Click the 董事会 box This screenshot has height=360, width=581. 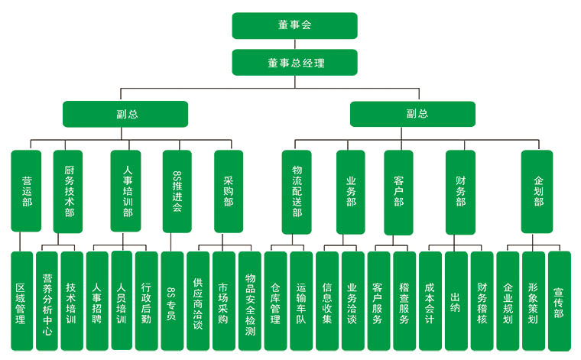point(294,25)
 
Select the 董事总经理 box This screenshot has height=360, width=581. point(294,62)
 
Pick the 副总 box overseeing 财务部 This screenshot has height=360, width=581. point(413,114)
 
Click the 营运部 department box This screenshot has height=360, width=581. point(26,191)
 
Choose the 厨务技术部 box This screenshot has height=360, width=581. point(68,191)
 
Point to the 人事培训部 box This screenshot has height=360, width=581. point(126,191)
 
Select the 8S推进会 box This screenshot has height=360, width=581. point(177,191)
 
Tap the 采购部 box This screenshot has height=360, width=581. point(229,191)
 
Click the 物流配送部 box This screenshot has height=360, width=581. point(297,191)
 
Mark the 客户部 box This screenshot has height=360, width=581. point(398,191)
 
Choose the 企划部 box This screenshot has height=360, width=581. point(537,191)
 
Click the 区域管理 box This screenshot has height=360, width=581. point(22,300)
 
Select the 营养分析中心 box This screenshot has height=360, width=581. point(47,300)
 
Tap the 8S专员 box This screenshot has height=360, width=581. point(173,300)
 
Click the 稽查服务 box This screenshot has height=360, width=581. point(404,300)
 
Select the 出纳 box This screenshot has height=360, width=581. point(456,300)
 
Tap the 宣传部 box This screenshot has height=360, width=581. point(560,300)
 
